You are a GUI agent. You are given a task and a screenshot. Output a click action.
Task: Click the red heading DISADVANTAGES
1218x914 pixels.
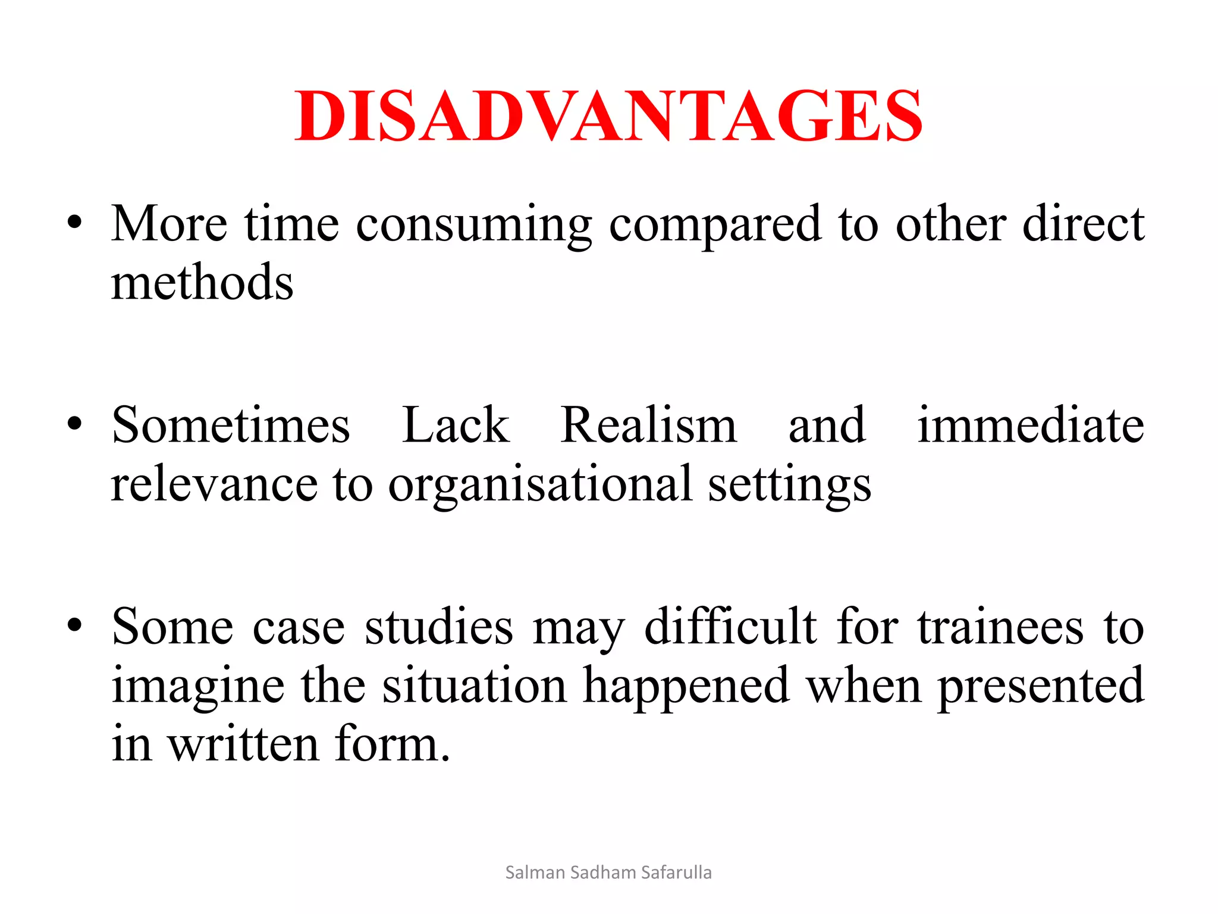608,115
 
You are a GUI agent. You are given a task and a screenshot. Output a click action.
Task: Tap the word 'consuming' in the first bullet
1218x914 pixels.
473,225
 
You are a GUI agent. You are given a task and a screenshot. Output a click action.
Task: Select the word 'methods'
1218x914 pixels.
202,282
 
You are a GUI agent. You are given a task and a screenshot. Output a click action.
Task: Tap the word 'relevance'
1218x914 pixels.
214,484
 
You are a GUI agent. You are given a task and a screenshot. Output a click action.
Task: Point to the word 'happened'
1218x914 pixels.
686,686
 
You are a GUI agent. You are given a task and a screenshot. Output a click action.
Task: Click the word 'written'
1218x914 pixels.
243,744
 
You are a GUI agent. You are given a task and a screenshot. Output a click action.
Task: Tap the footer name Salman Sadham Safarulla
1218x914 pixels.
608,872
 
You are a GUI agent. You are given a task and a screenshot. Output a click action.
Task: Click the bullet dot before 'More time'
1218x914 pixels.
74,224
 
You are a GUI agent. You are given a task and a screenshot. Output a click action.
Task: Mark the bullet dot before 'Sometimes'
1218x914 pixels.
74,425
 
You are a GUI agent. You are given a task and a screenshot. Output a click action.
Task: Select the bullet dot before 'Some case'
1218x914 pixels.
74,626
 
